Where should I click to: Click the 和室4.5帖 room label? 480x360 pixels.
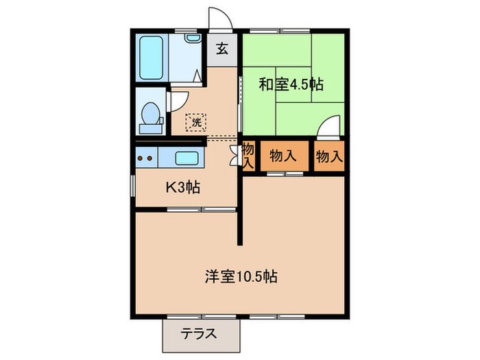[291, 85]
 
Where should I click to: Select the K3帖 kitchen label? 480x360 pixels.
[182, 187]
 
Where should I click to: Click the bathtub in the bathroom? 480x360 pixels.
[150, 58]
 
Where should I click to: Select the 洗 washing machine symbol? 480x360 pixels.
[196, 123]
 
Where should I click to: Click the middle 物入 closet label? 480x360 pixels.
[283, 156]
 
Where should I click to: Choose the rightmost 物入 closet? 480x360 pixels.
[328, 156]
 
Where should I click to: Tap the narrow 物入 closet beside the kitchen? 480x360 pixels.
[248, 156]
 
